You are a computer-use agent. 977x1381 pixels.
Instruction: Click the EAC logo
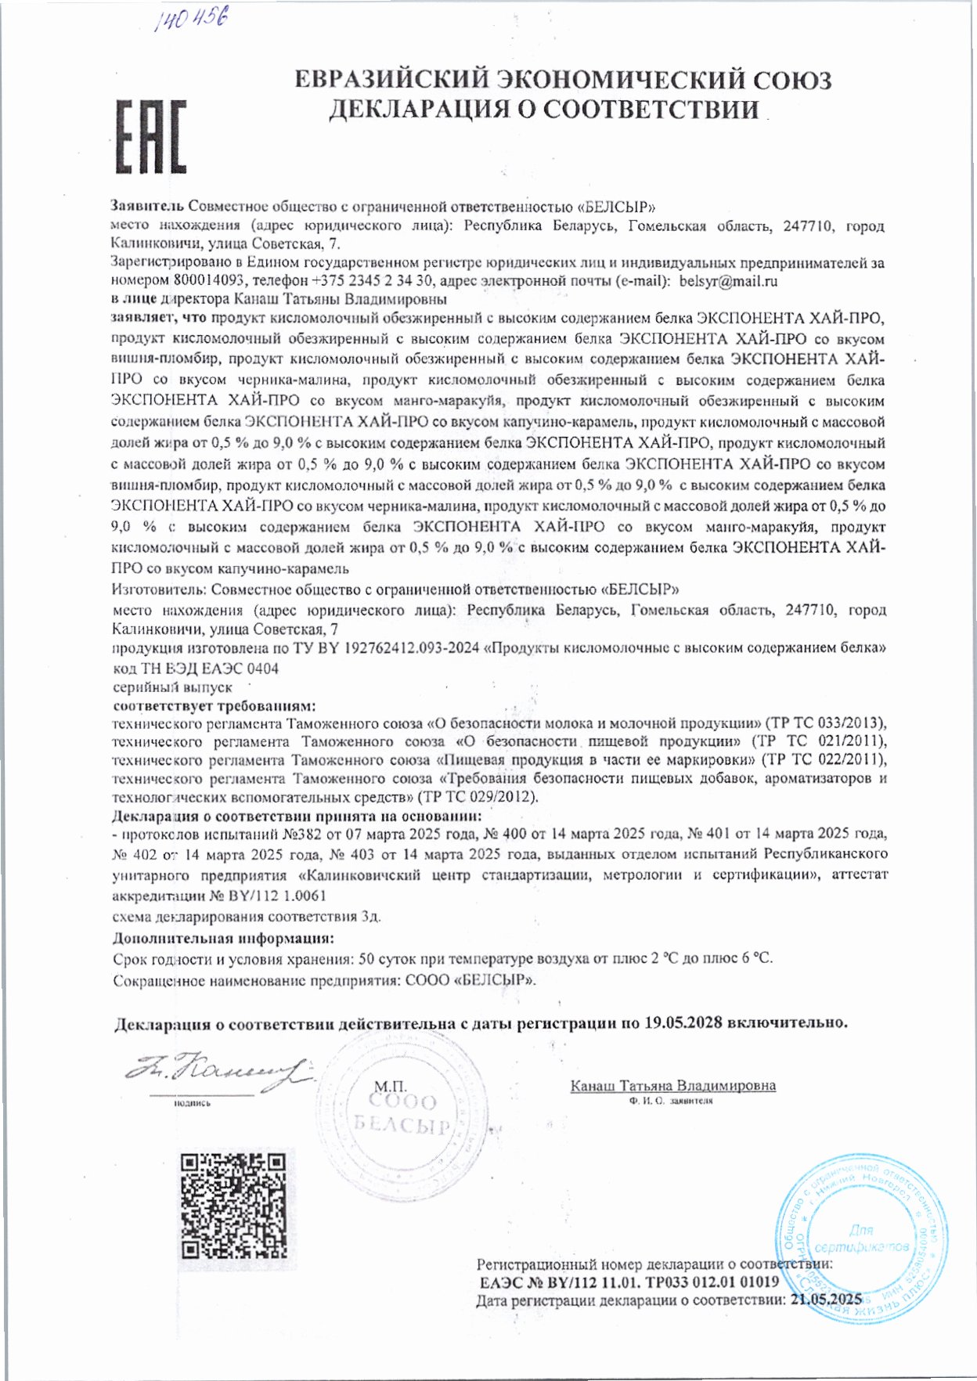click(x=152, y=136)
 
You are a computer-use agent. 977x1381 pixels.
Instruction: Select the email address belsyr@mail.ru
click(x=728, y=281)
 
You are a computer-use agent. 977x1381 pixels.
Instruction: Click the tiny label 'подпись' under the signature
click(x=192, y=1102)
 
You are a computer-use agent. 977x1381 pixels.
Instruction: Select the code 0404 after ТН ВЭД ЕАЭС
click(x=262, y=669)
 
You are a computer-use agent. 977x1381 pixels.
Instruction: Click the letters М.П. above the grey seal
click(x=390, y=1087)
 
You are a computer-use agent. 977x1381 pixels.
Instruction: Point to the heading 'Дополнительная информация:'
click(x=223, y=938)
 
